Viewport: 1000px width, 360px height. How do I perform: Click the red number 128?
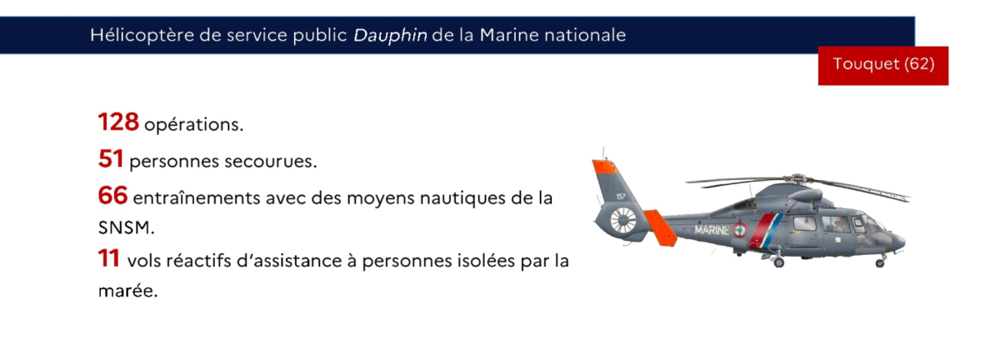point(118,122)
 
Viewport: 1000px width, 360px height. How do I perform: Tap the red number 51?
point(110,158)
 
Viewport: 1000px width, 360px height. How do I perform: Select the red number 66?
point(112,195)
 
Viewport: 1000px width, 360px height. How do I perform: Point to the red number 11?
point(108,258)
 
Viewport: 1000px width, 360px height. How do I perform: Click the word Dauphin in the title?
point(390,36)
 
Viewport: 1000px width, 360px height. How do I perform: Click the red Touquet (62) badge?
point(883,66)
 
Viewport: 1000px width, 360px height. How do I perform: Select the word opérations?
point(193,125)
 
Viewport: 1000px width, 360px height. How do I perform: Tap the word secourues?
point(271,161)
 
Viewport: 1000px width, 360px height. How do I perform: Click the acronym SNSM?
point(126,227)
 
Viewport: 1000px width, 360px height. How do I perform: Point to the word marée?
point(127,291)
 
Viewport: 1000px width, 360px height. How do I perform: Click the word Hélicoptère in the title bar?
point(142,36)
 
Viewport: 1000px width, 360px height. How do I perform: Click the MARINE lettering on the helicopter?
point(712,230)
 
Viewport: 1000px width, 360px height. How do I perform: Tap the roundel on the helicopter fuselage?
point(739,229)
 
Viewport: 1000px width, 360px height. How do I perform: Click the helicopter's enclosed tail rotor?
point(623,221)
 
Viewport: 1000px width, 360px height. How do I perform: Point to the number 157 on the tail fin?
point(621,197)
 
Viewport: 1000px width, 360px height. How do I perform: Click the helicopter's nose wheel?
point(880,263)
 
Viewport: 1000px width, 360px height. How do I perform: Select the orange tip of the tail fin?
point(605,167)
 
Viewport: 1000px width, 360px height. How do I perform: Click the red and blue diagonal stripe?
point(765,231)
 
